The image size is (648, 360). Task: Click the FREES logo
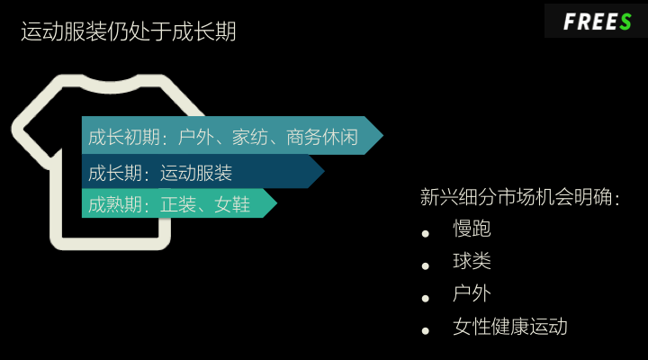pos(597,22)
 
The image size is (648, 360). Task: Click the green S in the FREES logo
pos(625,22)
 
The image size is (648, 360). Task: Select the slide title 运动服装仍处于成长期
pos(128,32)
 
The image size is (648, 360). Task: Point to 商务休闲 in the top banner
pos(322,138)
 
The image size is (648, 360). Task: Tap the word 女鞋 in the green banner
pos(232,204)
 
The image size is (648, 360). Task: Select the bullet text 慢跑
pos(472,229)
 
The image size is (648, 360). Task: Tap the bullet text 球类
pos(472,262)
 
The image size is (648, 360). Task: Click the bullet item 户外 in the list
pos(472,294)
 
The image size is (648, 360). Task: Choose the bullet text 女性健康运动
pos(510,327)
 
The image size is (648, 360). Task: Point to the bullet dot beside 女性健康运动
pos(426,331)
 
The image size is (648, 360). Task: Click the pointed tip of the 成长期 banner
pos(322,172)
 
